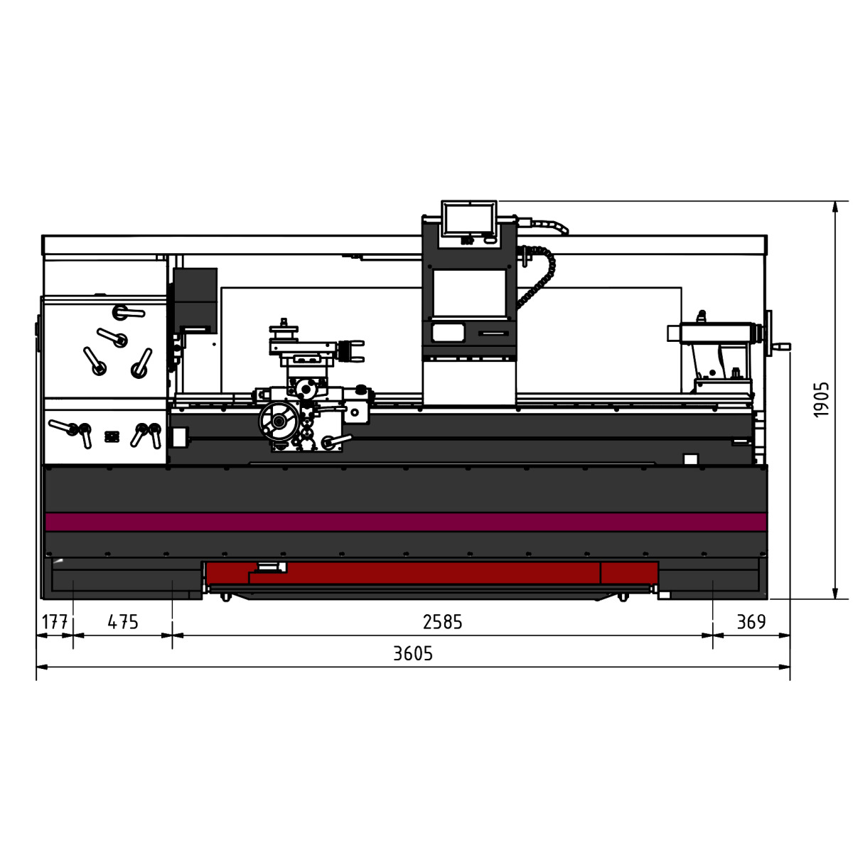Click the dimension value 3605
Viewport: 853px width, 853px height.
[x=412, y=653]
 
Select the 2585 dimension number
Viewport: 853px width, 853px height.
[x=442, y=622]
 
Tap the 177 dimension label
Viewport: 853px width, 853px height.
[x=55, y=622]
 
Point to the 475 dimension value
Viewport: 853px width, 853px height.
[x=123, y=622]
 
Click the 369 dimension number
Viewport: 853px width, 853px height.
[x=751, y=622]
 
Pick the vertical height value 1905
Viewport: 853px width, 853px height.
[x=821, y=399]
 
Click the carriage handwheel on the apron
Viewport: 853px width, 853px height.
[x=279, y=421]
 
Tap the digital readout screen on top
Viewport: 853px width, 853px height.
[x=468, y=219]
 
